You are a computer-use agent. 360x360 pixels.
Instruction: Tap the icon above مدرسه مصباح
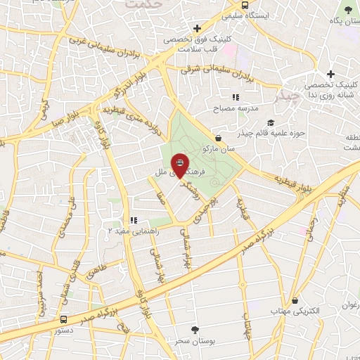tap(236, 98)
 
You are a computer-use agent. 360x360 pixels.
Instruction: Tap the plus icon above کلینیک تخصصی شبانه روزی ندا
tap(331, 74)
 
